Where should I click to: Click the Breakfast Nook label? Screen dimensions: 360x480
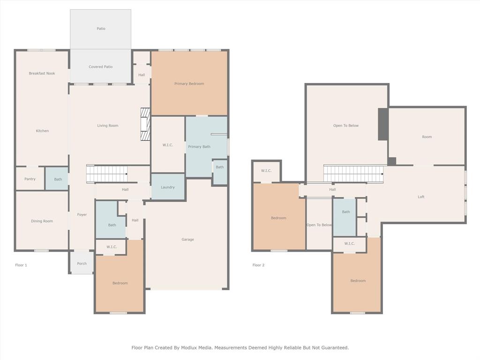pyautogui.click(x=42, y=74)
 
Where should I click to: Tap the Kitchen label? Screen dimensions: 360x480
pyautogui.click(x=42, y=131)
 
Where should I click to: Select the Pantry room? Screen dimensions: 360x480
pyautogui.click(x=30, y=179)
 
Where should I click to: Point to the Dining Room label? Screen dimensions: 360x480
pyautogui.click(x=42, y=221)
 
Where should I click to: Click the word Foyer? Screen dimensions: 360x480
pyautogui.click(x=82, y=215)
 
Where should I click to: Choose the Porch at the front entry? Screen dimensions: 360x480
pyautogui.click(x=82, y=263)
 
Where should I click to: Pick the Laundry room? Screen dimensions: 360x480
pyautogui.click(x=168, y=187)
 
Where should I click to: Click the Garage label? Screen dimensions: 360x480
pyautogui.click(x=187, y=240)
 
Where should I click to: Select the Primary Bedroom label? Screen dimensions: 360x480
pyautogui.click(x=189, y=84)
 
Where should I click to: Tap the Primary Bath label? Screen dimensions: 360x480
pyautogui.click(x=199, y=147)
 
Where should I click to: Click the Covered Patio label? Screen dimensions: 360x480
pyautogui.click(x=101, y=67)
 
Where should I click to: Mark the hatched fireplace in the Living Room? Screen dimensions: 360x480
pyautogui.click(x=145, y=124)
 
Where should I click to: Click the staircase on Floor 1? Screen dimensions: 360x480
pyautogui.click(x=107, y=174)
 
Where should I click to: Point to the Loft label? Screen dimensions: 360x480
pyautogui.click(x=421, y=197)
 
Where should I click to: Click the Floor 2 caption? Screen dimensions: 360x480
pyautogui.click(x=258, y=265)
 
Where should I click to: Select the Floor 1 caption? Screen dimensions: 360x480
pyautogui.click(x=21, y=265)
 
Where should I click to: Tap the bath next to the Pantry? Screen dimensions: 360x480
pyautogui.click(x=58, y=179)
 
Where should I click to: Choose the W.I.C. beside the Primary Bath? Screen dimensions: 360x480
pyautogui.click(x=168, y=145)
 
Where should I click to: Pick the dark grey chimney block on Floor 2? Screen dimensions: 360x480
pyautogui.click(x=383, y=124)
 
